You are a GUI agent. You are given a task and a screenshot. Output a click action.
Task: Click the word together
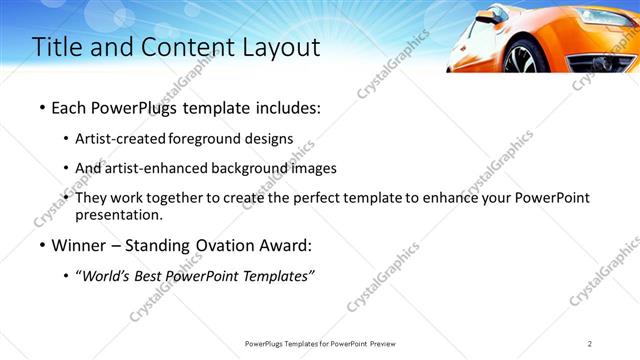point(174,198)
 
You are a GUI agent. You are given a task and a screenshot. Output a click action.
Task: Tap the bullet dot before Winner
point(41,245)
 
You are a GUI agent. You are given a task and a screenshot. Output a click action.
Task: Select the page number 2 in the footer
point(590,344)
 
